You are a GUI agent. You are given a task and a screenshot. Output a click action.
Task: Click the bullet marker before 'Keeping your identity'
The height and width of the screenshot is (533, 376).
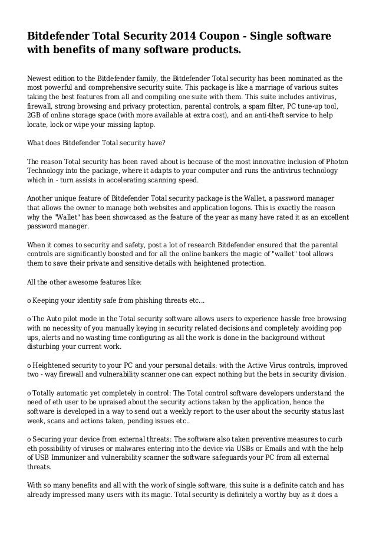(x=30, y=300)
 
